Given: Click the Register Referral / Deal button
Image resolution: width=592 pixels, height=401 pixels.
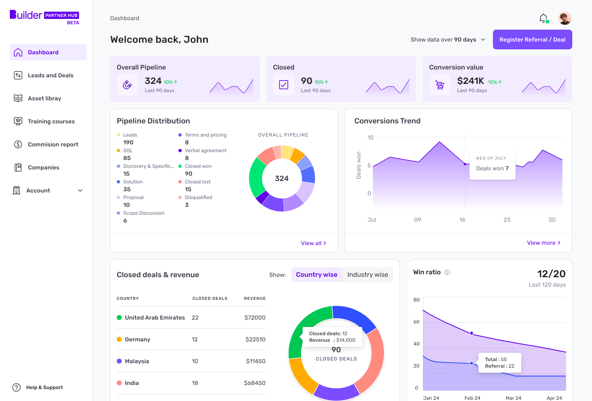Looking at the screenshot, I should pyautogui.click(x=532, y=39).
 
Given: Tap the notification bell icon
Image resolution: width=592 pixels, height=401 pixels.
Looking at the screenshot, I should pyautogui.click(x=543, y=18).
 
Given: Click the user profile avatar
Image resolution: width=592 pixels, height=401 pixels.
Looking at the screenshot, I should pyautogui.click(x=565, y=18).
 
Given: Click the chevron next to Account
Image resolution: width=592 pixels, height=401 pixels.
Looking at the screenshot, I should pyautogui.click(x=80, y=190).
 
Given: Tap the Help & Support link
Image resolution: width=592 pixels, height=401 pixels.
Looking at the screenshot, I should pyautogui.click(x=44, y=387).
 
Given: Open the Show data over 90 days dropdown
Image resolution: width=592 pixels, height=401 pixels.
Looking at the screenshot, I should pyautogui.click(x=448, y=39).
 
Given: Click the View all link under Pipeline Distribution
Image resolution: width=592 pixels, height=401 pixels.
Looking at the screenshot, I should pyautogui.click(x=313, y=243).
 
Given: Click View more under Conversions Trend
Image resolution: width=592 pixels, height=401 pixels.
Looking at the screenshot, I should pyautogui.click(x=543, y=243).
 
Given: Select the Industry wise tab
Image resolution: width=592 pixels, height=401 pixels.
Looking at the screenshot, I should pyautogui.click(x=368, y=275).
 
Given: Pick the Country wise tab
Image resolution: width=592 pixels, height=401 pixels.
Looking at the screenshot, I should pyautogui.click(x=317, y=275).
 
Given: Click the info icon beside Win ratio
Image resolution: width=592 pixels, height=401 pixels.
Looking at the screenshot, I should pyautogui.click(x=447, y=272).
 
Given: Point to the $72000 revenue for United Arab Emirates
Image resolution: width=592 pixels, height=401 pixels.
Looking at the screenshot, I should pyautogui.click(x=254, y=318).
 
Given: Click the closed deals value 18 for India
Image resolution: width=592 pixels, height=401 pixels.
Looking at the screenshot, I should pyautogui.click(x=195, y=383).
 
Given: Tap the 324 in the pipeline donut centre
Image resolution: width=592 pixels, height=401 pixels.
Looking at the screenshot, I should pyautogui.click(x=282, y=178).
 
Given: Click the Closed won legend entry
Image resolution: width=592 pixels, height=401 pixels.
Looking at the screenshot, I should pyautogui.click(x=198, y=166).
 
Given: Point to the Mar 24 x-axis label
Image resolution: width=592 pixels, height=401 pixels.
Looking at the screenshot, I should pyautogui.click(x=513, y=398).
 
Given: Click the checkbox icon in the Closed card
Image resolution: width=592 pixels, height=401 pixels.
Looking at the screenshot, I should pyautogui.click(x=284, y=85).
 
